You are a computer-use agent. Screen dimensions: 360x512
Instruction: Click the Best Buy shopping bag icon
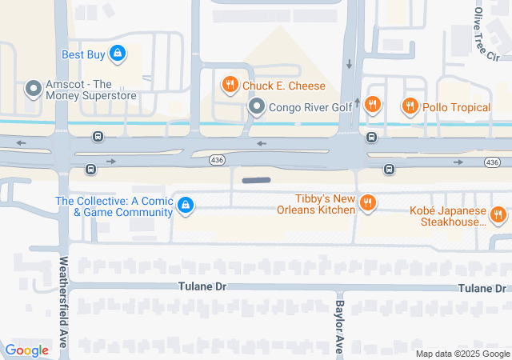118,54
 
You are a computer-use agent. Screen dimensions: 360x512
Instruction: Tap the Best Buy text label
84,54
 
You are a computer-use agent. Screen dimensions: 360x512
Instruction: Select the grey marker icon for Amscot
33,89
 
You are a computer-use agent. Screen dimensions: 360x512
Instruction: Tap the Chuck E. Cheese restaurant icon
230,85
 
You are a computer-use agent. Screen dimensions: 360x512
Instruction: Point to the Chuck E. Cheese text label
284,86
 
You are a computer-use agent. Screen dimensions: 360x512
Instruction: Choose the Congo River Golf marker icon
256,106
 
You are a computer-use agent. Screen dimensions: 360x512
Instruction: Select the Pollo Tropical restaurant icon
410,106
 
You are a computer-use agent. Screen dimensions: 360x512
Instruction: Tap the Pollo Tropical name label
457,107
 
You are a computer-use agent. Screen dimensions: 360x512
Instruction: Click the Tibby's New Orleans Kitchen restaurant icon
367,203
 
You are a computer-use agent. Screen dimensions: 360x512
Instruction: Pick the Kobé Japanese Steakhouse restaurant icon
498,214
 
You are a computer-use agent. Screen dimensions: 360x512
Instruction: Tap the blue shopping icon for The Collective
186,206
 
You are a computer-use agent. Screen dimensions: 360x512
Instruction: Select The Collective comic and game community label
114,206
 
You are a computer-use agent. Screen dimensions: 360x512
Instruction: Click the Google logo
27,350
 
